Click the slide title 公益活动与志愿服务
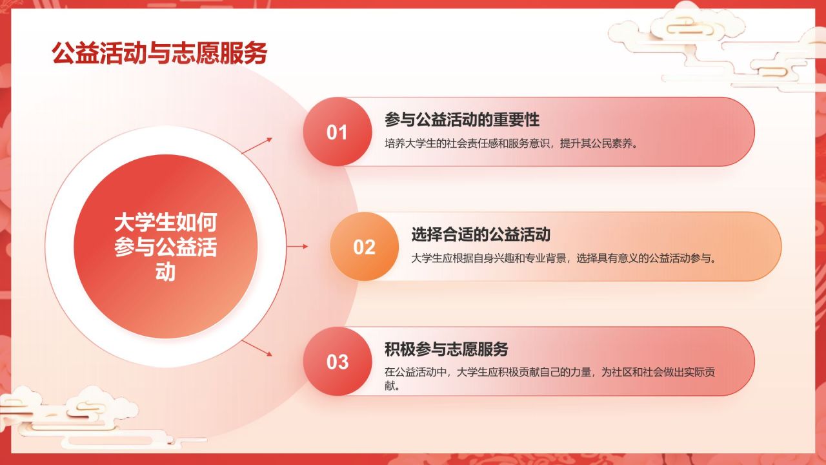(x=159, y=53)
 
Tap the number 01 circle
(x=337, y=132)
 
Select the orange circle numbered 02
(x=365, y=247)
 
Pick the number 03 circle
(x=337, y=361)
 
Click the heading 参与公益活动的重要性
(x=462, y=119)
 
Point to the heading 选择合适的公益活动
(x=481, y=234)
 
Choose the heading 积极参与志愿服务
(x=446, y=349)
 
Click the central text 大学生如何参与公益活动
(x=166, y=247)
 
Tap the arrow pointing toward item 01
(x=257, y=146)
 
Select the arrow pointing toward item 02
(x=297, y=246)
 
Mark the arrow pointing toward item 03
(x=257, y=348)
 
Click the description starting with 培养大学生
(x=512, y=143)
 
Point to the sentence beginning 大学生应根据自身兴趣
(x=564, y=258)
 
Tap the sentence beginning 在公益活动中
(x=550, y=378)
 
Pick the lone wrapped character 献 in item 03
(x=389, y=386)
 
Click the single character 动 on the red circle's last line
(x=165, y=272)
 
